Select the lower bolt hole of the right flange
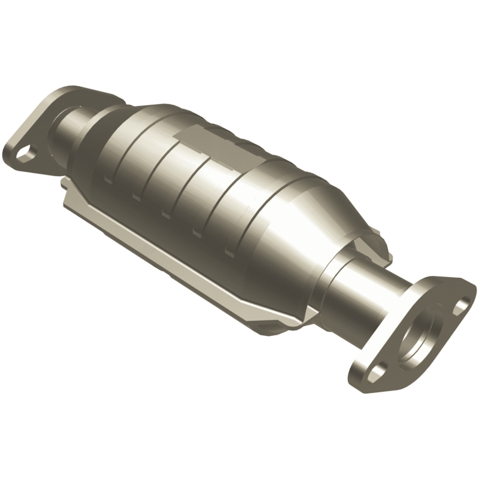coord(376,372)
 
